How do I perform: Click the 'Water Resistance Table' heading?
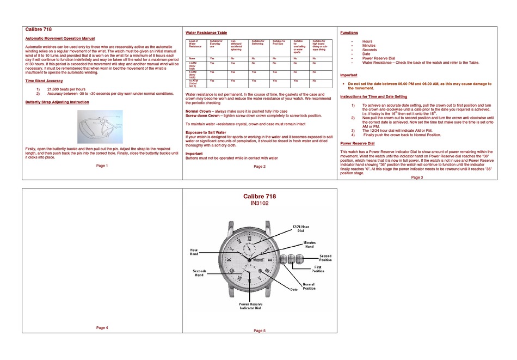coord(206,33)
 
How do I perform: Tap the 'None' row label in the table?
coord(192,58)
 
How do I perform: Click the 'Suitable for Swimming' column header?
coord(258,42)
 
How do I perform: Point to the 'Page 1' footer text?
coord(102,166)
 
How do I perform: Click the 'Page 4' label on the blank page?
coord(102,327)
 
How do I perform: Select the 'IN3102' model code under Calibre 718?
coord(260,203)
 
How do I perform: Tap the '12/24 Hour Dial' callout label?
coord(300,228)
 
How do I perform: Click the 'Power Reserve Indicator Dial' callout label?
coord(250,306)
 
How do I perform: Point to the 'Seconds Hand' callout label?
coord(199,273)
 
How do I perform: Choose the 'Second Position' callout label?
coord(325,258)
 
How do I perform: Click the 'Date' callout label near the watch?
coord(294,289)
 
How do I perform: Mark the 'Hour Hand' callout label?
coord(194,252)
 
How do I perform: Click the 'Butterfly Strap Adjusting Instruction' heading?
coord(57,102)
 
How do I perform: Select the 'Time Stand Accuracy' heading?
coord(44,81)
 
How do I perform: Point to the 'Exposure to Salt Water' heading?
coord(206,132)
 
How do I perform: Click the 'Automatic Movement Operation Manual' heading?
coord(60,39)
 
